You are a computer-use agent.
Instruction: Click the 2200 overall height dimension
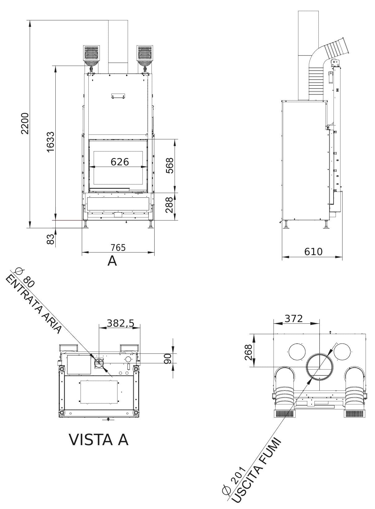(25, 123)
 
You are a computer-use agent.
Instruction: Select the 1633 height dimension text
(50, 142)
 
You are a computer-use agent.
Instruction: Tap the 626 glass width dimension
(120, 161)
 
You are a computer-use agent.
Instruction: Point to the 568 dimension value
(169, 166)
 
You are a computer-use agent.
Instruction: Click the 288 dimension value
(169, 205)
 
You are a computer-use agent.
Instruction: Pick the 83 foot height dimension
(50, 239)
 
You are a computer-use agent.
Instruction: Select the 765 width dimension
(118, 247)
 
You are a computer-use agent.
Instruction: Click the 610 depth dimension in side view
(313, 251)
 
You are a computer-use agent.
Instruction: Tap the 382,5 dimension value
(120, 323)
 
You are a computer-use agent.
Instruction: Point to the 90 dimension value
(168, 358)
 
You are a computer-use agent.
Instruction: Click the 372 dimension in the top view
(293, 318)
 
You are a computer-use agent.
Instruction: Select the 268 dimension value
(249, 352)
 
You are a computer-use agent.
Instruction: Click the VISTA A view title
(98, 440)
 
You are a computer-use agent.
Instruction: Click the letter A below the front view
(112, 261)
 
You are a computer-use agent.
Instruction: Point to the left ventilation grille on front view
(92, 53)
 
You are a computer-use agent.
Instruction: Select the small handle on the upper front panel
(118, 96)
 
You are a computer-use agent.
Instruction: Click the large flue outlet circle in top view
(320, 367)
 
